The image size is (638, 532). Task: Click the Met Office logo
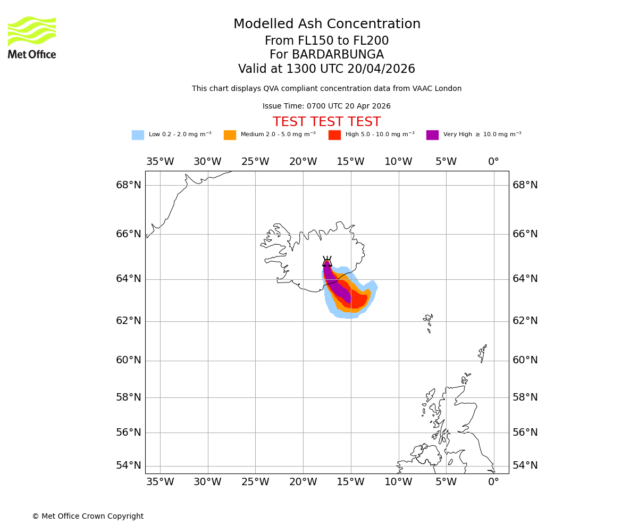[32, 37]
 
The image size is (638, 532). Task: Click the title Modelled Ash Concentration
[327, 24]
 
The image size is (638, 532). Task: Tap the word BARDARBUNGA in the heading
[338, 55]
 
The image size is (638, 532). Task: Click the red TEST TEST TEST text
[326, 122]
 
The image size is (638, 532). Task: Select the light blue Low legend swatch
[138, 135]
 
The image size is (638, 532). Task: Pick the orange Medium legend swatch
[230, 135]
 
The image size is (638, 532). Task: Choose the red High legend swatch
[334, 135]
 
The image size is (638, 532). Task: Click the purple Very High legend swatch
[432, 135]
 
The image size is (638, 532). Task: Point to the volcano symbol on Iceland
[327, 261]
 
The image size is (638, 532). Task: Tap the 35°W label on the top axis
[160, 162]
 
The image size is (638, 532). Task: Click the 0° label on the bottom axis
[493, 482]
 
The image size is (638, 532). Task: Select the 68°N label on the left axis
[129, 185]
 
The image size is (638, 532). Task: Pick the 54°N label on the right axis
[525, 465]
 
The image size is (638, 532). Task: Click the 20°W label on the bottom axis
[303, 482]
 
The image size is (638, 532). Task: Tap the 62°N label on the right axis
[525, 321]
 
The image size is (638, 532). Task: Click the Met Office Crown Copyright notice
[88, 517]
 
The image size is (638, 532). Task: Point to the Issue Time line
[326, 106]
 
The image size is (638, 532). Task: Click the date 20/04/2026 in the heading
[381, 69]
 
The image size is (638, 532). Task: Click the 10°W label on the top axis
[398, 162]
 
